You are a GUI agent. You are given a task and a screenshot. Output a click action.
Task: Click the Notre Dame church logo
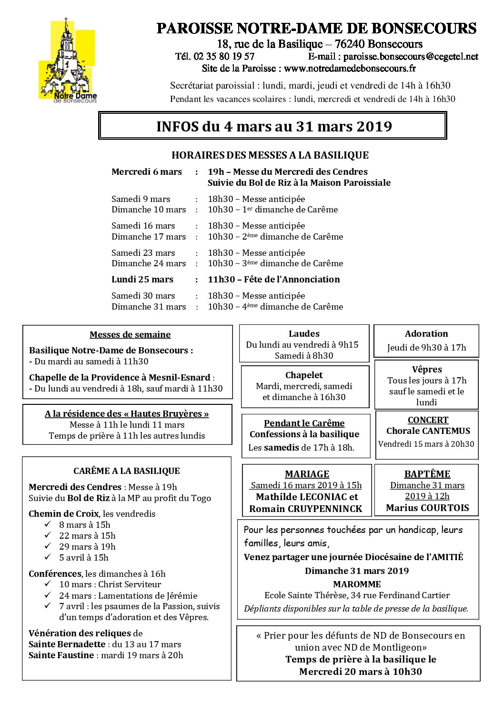point(68,61)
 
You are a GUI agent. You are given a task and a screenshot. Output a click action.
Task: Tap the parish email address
point(410,56)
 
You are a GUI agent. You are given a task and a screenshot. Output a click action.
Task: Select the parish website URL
point(350,68)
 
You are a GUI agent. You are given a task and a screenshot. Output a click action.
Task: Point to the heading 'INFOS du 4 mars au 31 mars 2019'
point(274,126)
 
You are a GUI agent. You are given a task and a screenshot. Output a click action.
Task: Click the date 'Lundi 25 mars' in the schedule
point(142,280)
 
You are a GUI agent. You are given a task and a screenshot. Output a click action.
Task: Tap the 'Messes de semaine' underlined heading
point(130,335)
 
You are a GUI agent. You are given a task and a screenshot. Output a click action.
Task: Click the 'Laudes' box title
point(304,334)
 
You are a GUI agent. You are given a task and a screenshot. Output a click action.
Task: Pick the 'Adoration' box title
point(426,334)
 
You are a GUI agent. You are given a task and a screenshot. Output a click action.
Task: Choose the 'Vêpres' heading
point(427,370)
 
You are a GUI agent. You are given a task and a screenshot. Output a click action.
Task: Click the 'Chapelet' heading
point(304,375)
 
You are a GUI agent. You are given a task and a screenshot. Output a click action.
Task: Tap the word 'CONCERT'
point(428,420)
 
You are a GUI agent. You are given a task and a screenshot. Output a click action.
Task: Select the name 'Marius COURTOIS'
point(427,508)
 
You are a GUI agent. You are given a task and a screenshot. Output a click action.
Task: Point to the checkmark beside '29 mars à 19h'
point(48,546)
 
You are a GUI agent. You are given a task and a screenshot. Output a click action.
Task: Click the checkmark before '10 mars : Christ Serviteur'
point(48,584)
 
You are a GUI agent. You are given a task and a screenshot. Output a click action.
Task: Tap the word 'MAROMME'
point(357,584)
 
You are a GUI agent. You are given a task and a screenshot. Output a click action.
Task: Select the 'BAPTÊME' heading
point(427,474)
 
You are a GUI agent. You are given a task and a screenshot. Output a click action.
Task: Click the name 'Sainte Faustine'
point(61,655)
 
